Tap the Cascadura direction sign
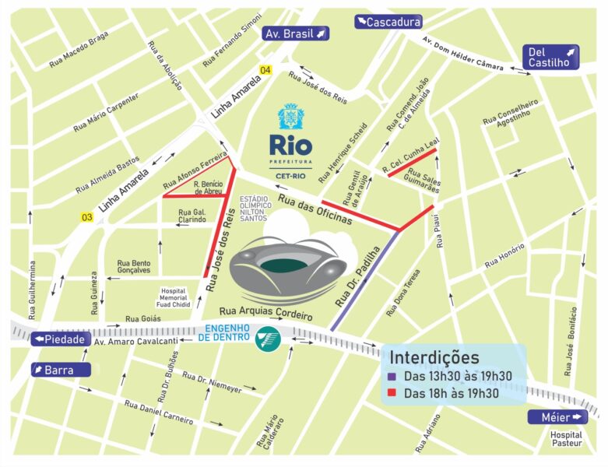pyautogui.click(x=388, y=22)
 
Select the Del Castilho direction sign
pyautogui.click(x=550, y=57)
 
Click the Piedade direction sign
pyautogui.click(x=58, y=339)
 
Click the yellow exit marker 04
pyautogui.click(x=265, y=71)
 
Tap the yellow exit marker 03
pyautogui.click(x=86, y=218)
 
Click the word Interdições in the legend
pyautogui.click(x=434, y=358)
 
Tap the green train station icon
pyautogui.click(x=269, y=339)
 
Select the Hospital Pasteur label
pyautogui.click(x=566, y=441)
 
